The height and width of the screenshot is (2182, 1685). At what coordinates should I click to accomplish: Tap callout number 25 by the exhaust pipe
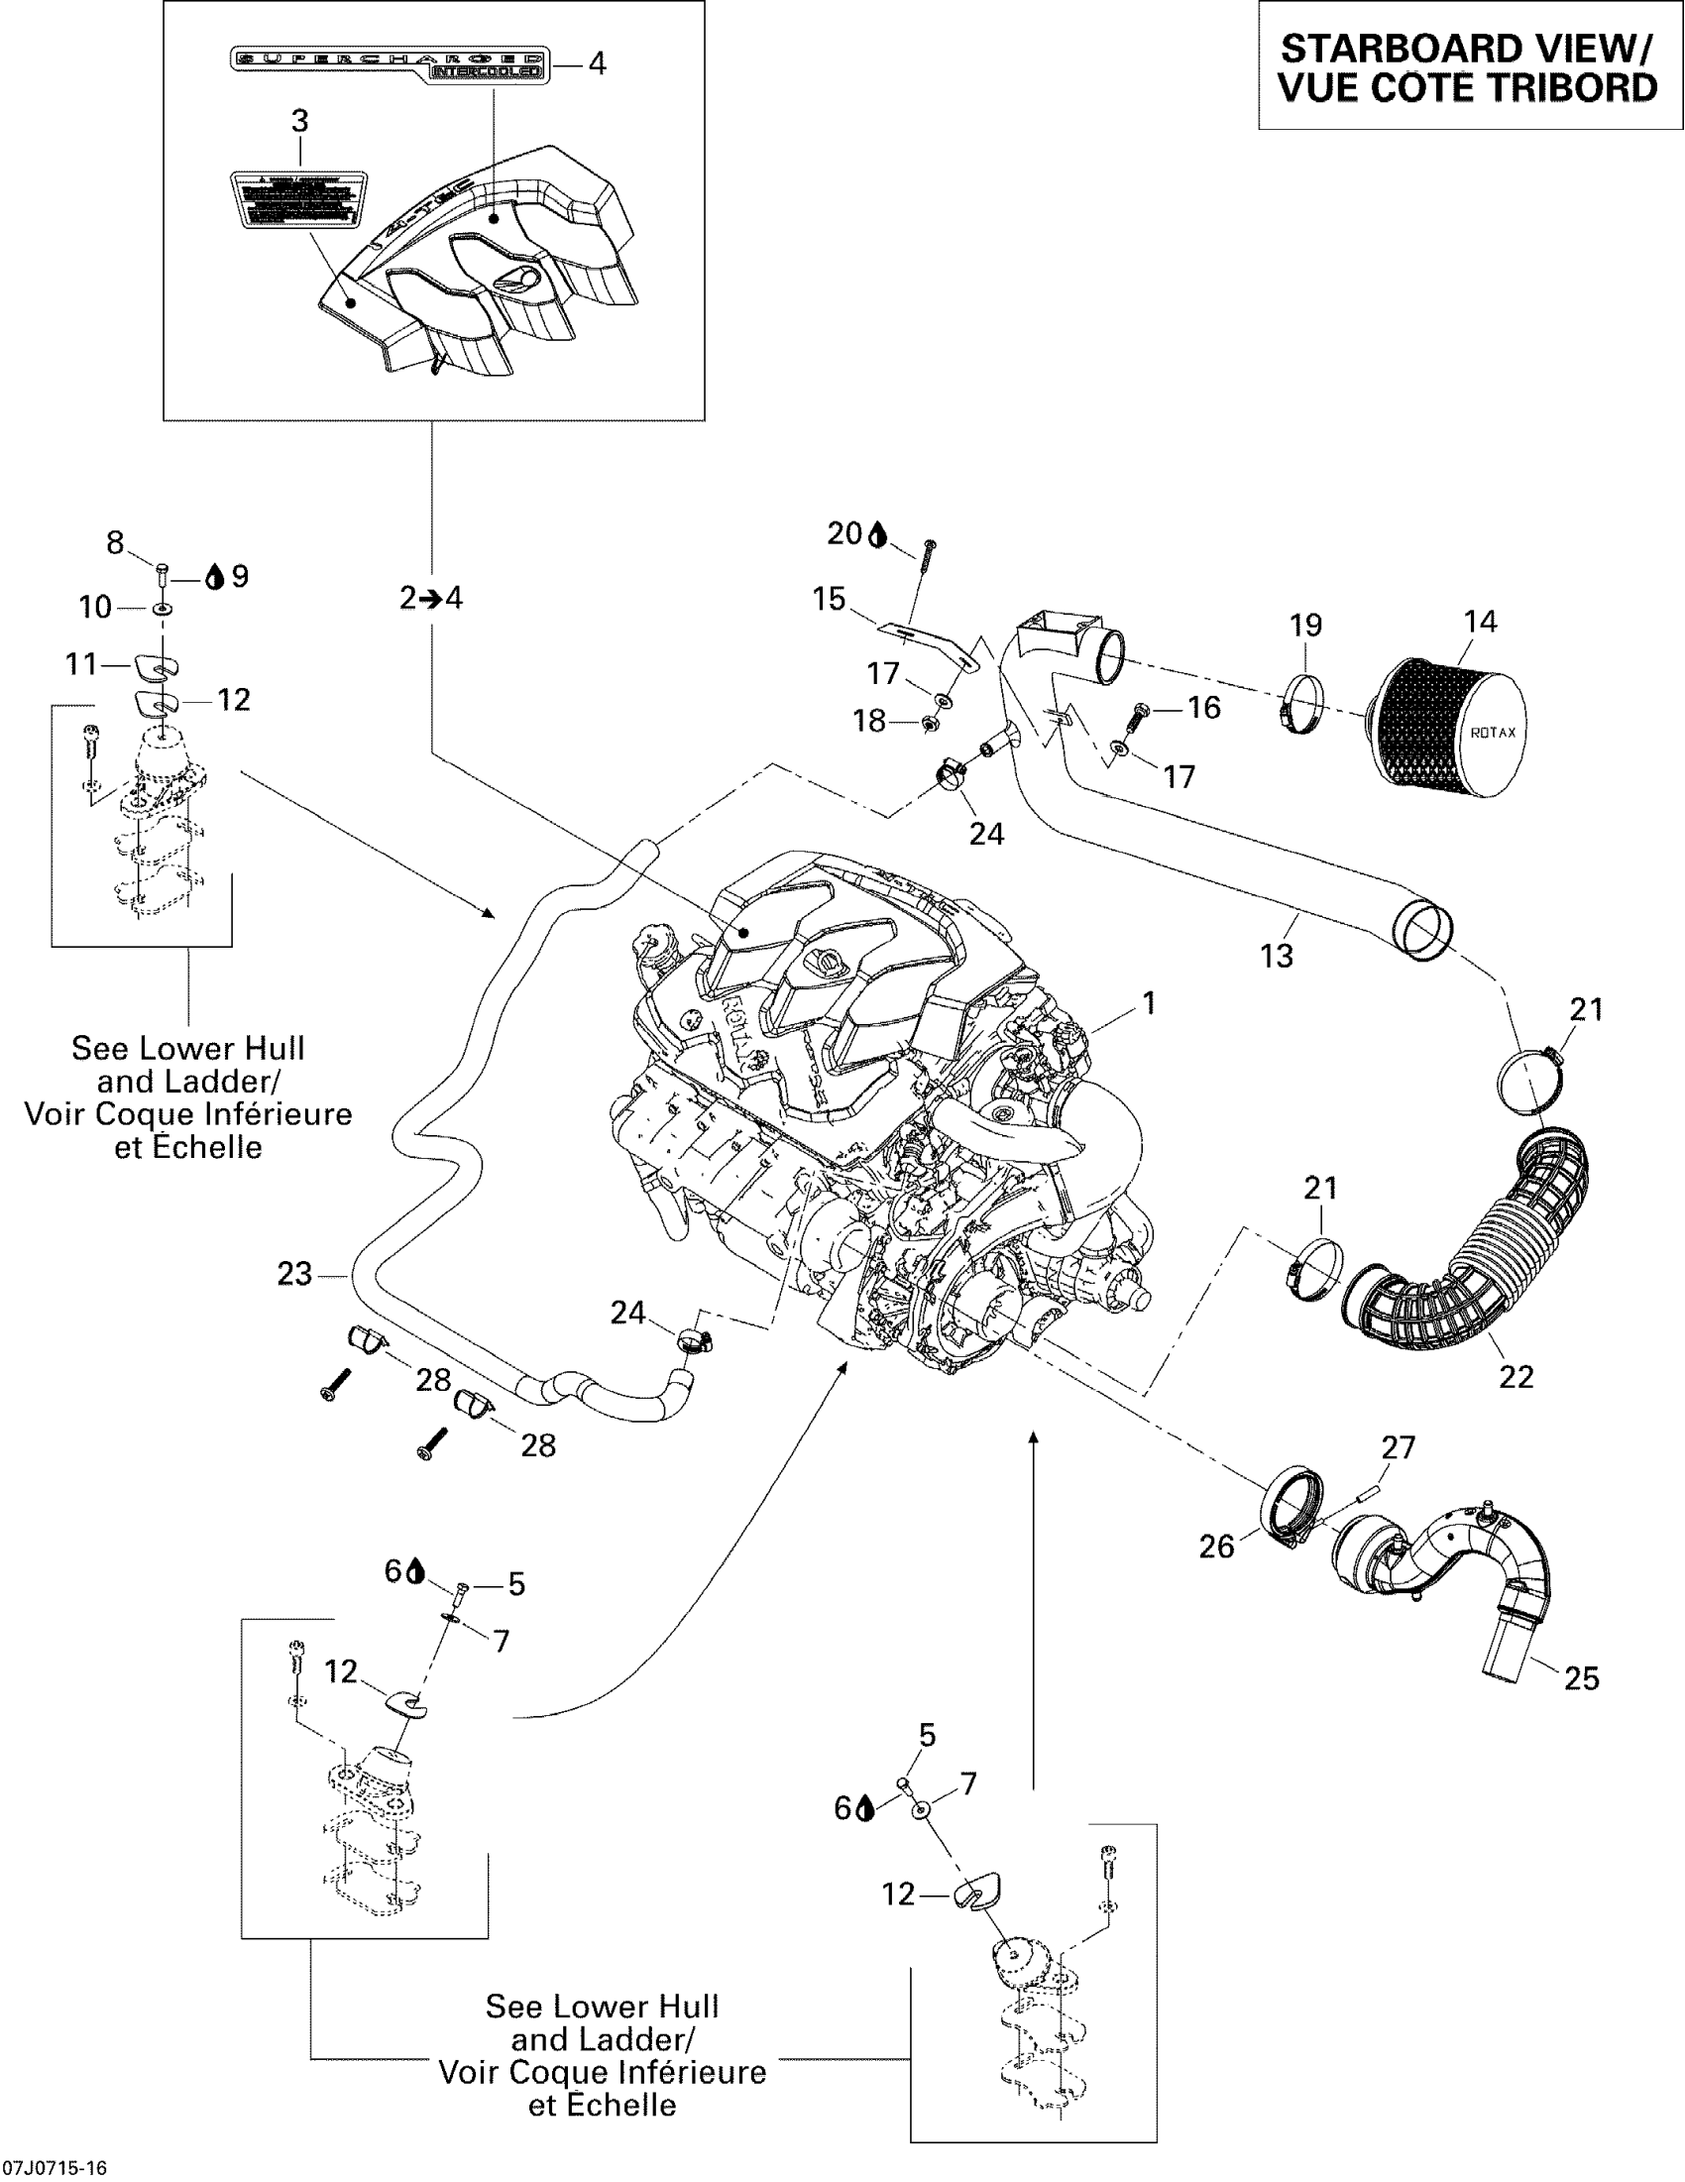point(1581,1677)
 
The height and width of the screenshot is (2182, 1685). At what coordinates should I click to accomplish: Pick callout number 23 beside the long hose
point(294,1274)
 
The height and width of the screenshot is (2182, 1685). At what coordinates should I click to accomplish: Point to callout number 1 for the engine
point(1149,1002)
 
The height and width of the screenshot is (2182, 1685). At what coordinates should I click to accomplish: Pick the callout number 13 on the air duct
point(1277,956)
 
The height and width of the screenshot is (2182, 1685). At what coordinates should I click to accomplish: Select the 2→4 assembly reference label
point(431,598)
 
